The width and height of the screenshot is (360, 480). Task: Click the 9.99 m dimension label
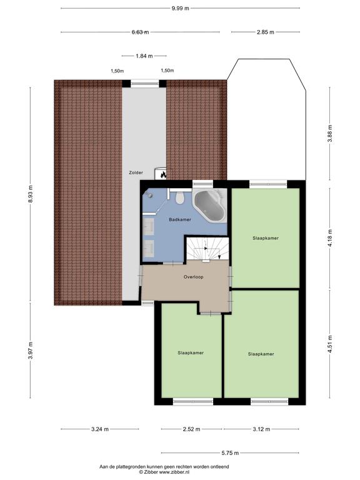[x=180, y=8]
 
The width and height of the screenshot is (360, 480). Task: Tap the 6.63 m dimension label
[x=140, y=32]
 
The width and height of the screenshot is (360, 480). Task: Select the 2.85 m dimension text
[x=266, y=32]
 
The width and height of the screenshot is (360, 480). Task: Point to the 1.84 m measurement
[x=144, y=56]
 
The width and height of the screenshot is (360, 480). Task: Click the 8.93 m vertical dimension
[x=30, y=194]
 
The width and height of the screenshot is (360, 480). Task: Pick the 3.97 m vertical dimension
[x=30, y=350]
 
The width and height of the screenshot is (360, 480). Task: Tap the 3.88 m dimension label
[x=330, y=134]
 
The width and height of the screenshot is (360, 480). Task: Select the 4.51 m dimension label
[x=330, y=344]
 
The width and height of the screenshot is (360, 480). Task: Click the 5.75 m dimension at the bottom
[x=230, y=452]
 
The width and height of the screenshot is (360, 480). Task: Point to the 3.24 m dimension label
[x=100, y=429]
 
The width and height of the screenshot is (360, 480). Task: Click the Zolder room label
[x=136, y=172]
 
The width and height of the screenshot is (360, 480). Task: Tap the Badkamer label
[x=180, y=219]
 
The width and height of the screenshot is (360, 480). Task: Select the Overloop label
[x=194, y=277]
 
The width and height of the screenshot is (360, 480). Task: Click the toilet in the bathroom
[x=179, y=197]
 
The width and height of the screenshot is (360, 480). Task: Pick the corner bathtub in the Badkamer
[x=210, y=205]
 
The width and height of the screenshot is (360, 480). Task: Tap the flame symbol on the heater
[x=163, y=175]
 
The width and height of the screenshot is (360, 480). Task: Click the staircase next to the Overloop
[x=207, y=249]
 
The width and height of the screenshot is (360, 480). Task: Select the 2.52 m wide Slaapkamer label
[x=191, y=352]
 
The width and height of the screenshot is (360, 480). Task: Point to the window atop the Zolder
[x=144, y=82]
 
